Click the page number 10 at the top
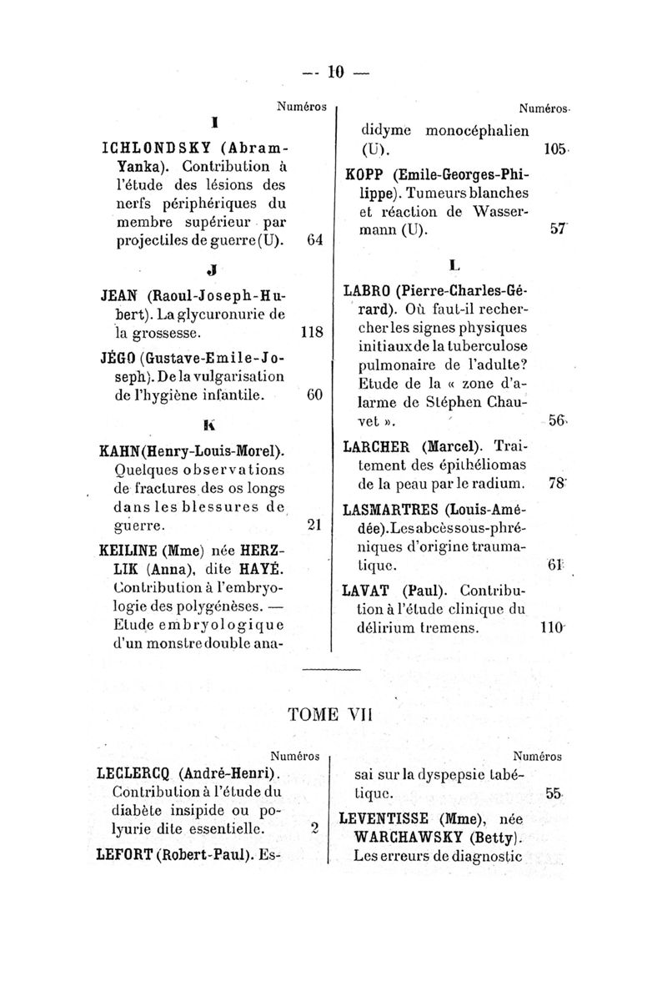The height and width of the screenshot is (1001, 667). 335,73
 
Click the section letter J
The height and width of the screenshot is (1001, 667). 216,270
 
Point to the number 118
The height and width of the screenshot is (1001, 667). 311,332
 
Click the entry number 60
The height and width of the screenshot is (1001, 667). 314,394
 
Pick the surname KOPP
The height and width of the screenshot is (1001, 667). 363,175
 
